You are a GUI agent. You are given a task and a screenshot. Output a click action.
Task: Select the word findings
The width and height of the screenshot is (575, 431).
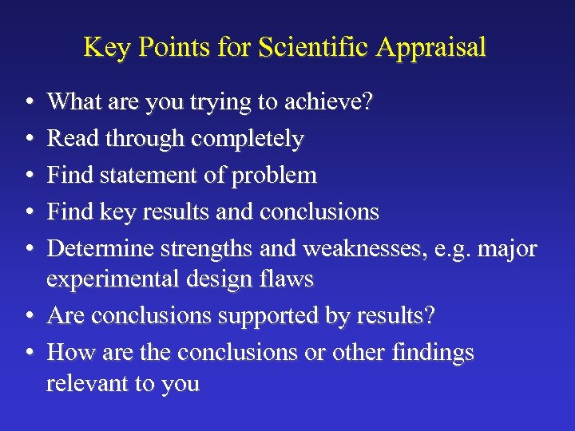pyautogui.click(x=433, y=352)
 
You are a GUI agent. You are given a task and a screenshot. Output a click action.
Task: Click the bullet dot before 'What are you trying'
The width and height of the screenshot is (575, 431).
pyautogui.click(x=29, y=104)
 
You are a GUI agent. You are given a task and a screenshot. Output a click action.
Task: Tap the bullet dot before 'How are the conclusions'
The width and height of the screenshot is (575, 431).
pyautogui.click(x=29, y=353)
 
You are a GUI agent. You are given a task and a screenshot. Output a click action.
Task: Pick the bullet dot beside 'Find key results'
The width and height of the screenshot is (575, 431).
pyautogui.click(x=29, y=212)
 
